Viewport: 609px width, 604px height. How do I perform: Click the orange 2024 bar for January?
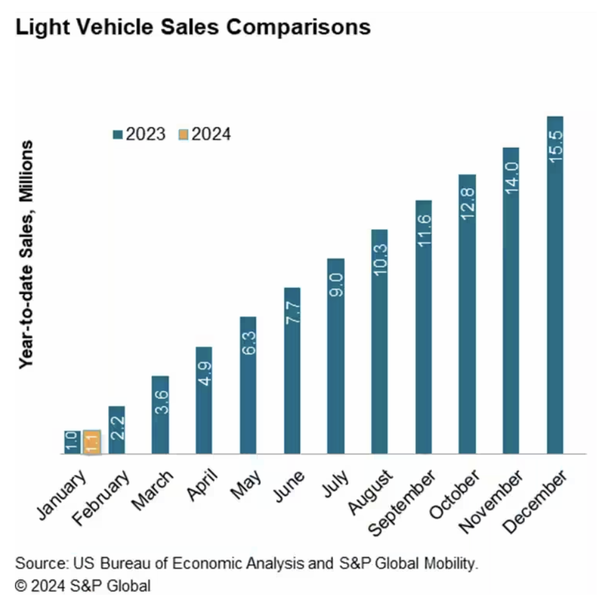pyautogui.click(x=91, y=442)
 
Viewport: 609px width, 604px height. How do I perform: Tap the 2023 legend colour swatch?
pyautogui.click(x=117, y=134)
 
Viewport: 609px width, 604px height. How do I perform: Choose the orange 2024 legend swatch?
pyautogui.click(x=183, y=134)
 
